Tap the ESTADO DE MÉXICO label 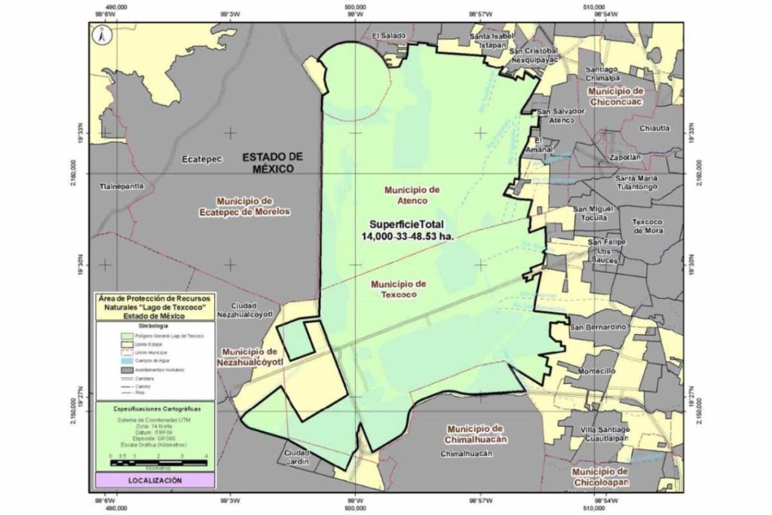click(x=273, y=162)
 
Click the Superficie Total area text click(x=411, y=231)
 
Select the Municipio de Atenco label click(x=411, y=195)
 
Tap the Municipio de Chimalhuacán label click(x=473, y=433)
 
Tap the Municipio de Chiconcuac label click(x=617, y=96)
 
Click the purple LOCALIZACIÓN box click(x=155, y=480)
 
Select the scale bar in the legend click(x=156, y=457)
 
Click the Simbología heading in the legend click(x=155, y=324)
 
